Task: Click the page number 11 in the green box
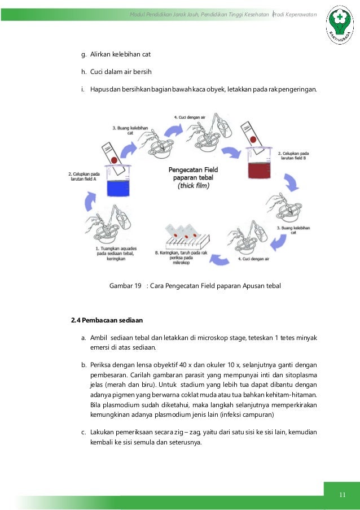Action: pos(341,495)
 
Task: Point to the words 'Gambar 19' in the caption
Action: pos(125,286)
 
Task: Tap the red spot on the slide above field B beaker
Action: pos(254,138)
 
